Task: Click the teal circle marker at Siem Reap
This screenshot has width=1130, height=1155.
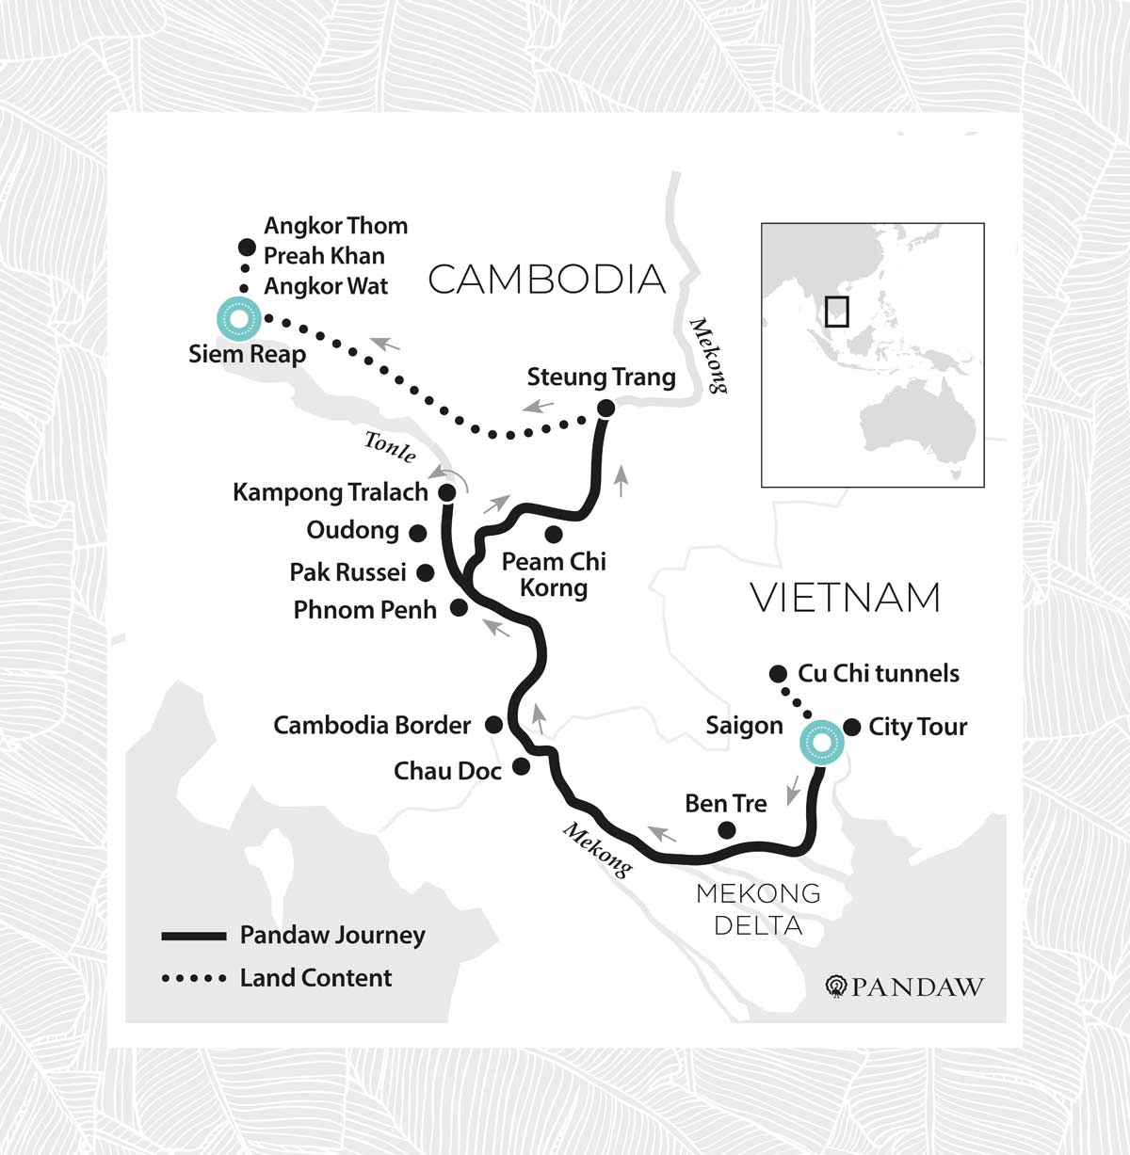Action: coord(238,318)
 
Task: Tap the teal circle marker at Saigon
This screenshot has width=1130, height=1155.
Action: coord(821,744)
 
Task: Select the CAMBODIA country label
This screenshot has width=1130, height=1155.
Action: coord(546,280)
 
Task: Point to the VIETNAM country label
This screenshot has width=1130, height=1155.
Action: coord(845,598)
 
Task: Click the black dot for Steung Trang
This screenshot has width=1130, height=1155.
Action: coord(605,408)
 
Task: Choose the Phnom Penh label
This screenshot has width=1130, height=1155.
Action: coord(364,610)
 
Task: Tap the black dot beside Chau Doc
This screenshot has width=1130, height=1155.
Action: coord(521,767)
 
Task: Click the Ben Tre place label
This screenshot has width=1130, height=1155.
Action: coord(725,803)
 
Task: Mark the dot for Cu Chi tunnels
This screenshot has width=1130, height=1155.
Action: coord(778,673)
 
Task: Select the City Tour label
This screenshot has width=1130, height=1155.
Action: coord(917,727)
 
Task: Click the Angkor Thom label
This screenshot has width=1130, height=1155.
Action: coord(335,226)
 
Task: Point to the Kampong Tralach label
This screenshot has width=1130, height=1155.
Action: coord(330,492)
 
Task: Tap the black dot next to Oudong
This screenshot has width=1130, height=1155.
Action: coord(418,533)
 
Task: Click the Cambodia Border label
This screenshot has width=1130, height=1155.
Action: coord(371,725)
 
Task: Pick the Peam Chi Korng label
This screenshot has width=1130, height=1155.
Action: coord(554,574)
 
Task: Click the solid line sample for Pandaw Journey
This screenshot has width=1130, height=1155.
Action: coord(194,936)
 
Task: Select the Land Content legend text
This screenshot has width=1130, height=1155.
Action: coord(315,978)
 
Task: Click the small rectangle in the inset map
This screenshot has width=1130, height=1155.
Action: coord(836,312)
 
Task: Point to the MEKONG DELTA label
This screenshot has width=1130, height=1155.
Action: coord(758,908)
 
